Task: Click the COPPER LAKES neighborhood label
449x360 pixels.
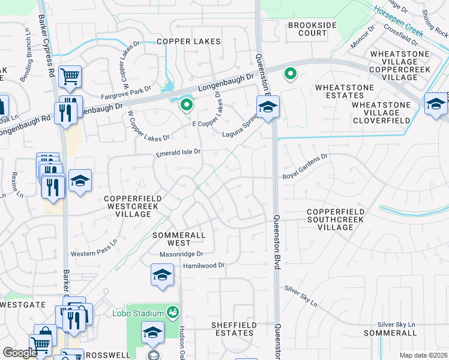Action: coord(188,41)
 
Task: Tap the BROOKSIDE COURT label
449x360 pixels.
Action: coord(307,29)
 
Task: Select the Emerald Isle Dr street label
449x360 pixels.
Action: coord(178,154)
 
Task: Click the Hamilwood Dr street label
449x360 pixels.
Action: coord(203,265)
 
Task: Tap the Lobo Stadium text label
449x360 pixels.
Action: coord(138,313)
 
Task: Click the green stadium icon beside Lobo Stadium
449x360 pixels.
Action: coord(173,312)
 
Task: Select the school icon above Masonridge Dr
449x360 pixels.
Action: coord(162,276)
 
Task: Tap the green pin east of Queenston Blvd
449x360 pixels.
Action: coord(291,74)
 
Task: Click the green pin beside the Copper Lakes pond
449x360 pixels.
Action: coord(187,106)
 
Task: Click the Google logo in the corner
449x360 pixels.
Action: coord(20,352)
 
